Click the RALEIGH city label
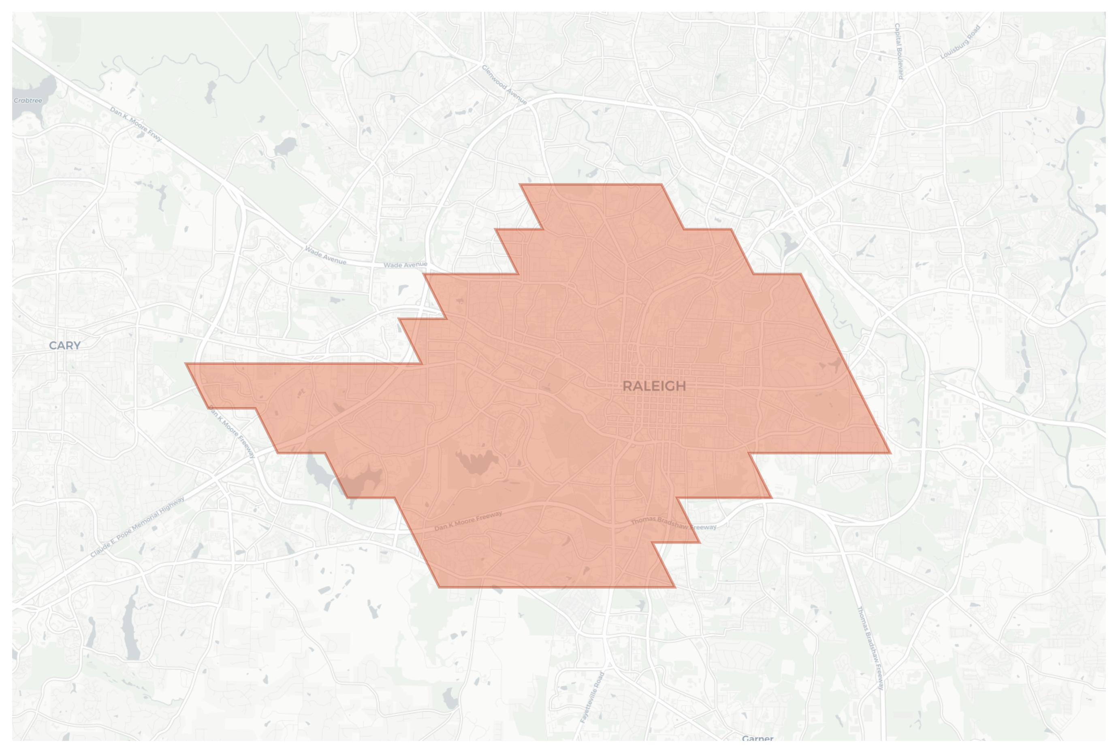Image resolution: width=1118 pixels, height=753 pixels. pos(654,386)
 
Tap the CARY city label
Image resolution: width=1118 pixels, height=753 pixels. pos(65,345)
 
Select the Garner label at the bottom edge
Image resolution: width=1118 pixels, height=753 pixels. pos(757,738)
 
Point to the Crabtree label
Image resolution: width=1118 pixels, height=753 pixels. pos(28,100)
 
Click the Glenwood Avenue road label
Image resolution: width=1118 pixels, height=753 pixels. pos(504,85)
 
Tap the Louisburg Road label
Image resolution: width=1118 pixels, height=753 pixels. pos(960,42)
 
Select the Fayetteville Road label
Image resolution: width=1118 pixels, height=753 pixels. pos(592,697)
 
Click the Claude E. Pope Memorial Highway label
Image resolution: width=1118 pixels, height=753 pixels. pos(137,527)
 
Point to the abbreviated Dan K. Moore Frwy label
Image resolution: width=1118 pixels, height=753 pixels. pos(137,124)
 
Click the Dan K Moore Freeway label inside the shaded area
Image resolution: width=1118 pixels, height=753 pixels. pos(468,521)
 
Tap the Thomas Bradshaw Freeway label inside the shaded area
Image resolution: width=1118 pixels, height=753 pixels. pos(673,523)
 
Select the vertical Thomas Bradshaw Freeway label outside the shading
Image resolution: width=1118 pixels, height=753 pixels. pos(870,648)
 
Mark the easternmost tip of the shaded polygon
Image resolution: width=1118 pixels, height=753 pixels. pos(891,453)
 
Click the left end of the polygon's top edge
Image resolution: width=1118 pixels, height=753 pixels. pos(520,184)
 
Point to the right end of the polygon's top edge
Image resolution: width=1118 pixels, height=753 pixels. pos(662,184)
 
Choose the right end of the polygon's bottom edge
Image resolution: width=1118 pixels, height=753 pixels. pos(675,587)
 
